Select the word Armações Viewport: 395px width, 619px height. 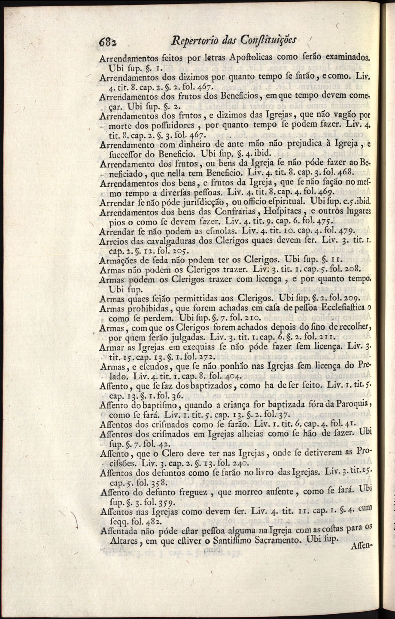click(x=118, y=261)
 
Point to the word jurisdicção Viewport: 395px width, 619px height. click(x=179, y=203)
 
